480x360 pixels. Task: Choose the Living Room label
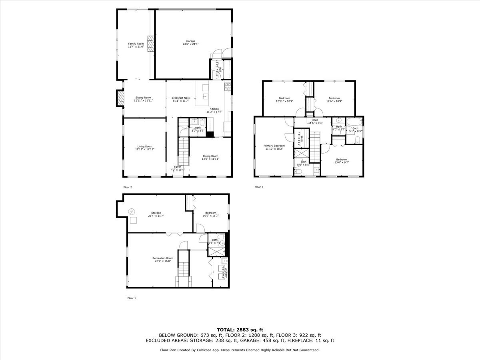(144, 148)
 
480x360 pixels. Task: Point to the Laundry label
(225, 272)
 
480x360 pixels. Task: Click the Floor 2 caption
(128, 187)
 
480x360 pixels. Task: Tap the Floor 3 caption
(258, 187)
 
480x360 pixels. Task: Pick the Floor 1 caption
(132, 298)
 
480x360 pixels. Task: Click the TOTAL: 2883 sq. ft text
(240, 329)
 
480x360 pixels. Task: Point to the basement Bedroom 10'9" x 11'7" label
(210, 214)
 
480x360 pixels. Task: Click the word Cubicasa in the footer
(202, 350)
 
